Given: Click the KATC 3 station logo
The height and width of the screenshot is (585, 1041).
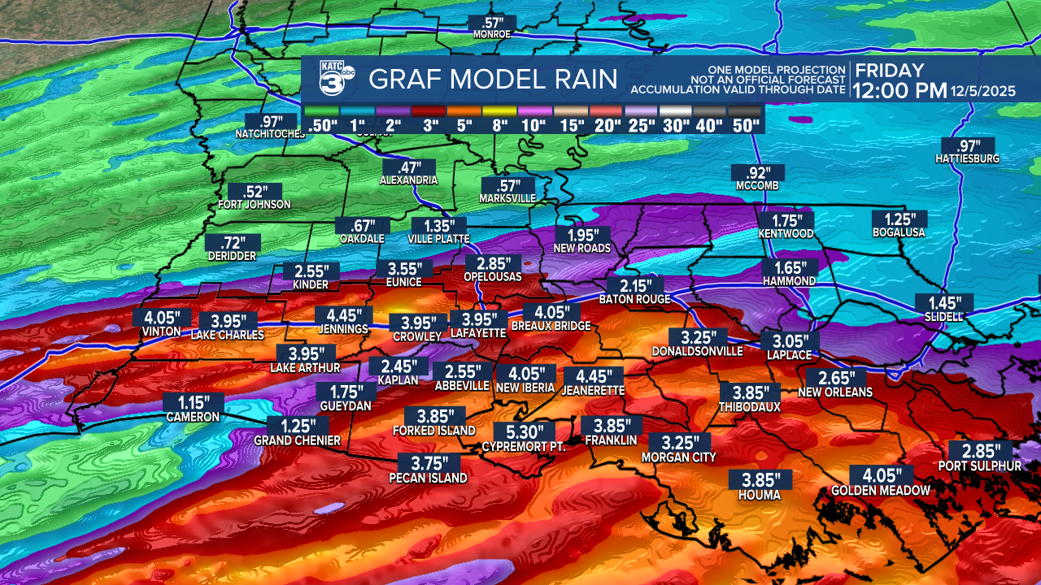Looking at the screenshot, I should click(334, 80).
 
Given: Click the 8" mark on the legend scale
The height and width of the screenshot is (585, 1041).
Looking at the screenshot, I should click(499, 125).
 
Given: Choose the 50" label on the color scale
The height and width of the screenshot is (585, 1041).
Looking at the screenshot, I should click(745, 125).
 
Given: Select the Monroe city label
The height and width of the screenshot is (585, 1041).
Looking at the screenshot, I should click(492, 35).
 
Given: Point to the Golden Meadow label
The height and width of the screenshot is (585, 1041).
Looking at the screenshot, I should click(880, 491).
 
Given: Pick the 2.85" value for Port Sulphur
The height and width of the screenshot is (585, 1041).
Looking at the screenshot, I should click(981, 451).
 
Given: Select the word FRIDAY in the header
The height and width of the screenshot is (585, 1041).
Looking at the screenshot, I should click(889, 70).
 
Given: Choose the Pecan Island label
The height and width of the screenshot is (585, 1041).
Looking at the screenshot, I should click(428, 479).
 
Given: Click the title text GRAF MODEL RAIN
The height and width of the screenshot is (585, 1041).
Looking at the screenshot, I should click(494, 80).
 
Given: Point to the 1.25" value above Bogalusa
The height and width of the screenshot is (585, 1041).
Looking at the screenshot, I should click(899, 219).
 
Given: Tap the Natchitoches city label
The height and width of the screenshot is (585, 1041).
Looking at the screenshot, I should click(270, 134).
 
